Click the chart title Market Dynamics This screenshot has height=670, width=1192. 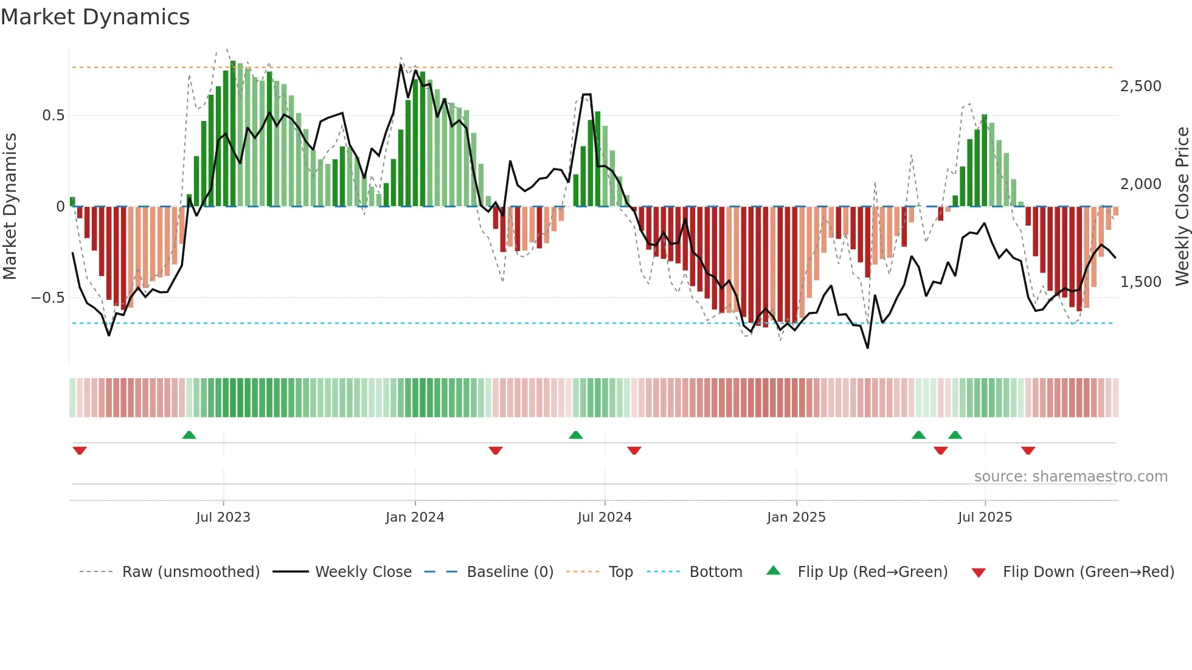click(x=95, y=17)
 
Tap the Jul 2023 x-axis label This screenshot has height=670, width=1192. click(x=223, y=517)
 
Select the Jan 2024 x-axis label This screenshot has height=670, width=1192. click(x=415, y=517)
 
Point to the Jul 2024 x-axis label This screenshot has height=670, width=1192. click(x=605, y=517)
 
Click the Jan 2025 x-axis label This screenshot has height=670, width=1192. click(x=796, y=517)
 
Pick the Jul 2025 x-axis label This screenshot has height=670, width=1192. click(x=985, y=517)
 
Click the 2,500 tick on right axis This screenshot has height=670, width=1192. click(x=1140, y=86)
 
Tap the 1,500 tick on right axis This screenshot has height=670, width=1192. click(x=1140, y=282)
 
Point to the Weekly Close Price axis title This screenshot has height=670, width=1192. click(x=1182, y=207)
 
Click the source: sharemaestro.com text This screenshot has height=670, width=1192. click(x=1070, y=477)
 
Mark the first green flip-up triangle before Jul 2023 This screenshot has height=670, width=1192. click(x=189, y=435)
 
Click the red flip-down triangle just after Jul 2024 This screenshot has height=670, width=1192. click(x=634, y=451)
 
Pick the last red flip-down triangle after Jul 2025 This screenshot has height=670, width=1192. click(x=1028, y=451)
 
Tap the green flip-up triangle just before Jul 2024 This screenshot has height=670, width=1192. click(x=576, y=435)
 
